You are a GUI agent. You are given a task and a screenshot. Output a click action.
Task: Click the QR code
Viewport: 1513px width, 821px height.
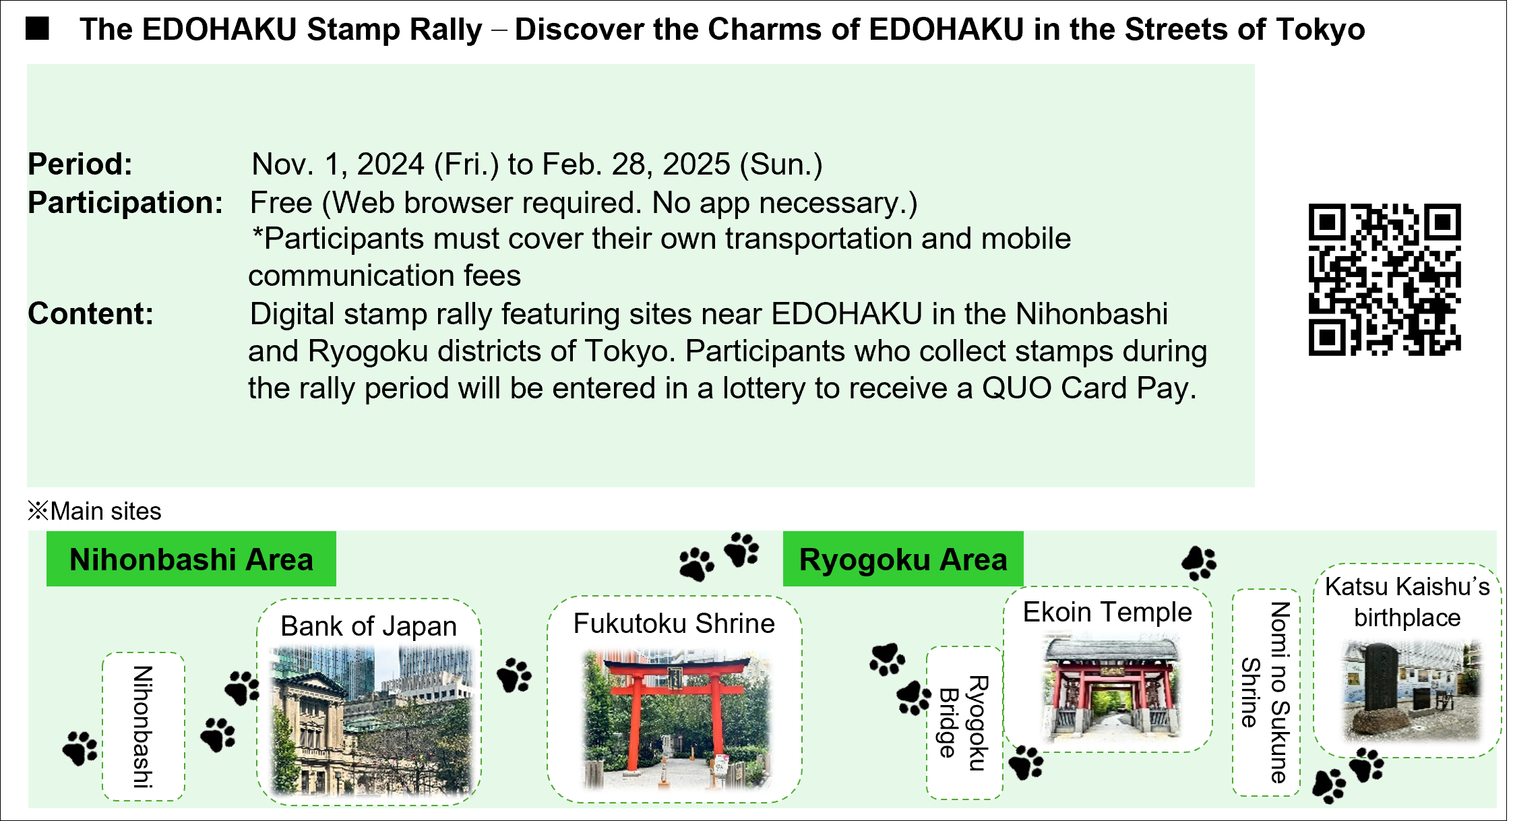[1384, 279]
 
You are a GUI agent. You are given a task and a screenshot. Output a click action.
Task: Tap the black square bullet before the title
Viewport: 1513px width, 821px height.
[37, 28]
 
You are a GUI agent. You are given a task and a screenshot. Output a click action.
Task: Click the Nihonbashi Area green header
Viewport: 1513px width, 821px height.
[191, 559]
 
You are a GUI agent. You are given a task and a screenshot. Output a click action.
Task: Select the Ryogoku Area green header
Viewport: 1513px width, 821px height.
[903, 559]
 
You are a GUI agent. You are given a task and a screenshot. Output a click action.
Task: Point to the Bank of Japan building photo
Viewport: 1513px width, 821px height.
[371, 721]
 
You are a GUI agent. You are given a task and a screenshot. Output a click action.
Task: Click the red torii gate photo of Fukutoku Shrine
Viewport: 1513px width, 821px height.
[676, 719]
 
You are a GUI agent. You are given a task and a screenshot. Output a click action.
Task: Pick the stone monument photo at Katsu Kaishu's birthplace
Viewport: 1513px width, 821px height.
[1411, 690]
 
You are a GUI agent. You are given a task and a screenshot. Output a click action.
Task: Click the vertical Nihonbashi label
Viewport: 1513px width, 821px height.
[143, 727]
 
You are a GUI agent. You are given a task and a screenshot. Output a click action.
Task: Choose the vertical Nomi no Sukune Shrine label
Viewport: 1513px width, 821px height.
[1266, 692]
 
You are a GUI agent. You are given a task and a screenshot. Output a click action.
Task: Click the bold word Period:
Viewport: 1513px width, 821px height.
[80, 164]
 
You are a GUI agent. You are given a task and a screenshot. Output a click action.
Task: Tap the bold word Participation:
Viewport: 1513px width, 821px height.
[125, 203]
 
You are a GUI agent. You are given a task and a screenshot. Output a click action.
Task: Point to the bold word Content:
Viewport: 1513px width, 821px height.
[90, 313]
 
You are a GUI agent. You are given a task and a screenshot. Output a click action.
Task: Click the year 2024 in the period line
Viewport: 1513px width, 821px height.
[391, 164]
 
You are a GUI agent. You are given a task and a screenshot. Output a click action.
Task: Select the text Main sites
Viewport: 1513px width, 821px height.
[106, 511]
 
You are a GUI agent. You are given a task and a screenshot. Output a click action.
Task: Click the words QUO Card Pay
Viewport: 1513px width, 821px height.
[1089, 388]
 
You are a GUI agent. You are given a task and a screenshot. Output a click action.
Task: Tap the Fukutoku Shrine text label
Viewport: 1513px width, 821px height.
[674, 624]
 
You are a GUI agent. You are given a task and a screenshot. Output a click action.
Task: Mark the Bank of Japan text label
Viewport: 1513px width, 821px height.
[369, 626]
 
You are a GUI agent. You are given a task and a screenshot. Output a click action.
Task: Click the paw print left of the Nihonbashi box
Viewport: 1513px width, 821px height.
[80, 748]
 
